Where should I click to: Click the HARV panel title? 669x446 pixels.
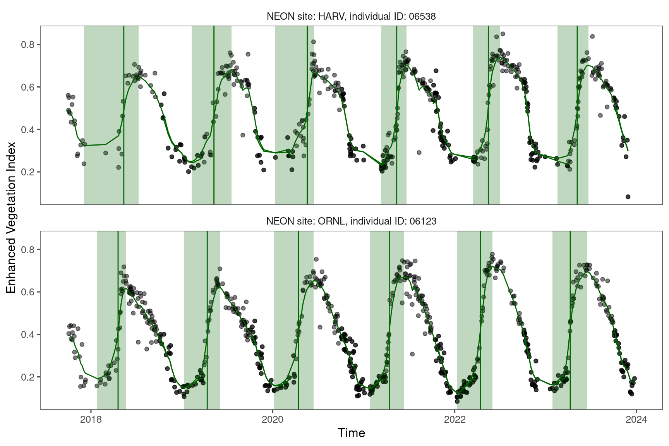(x=351, y=16)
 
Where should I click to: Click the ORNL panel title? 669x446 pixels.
(x=351, y=221)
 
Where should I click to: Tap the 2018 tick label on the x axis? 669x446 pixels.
(x=91, y=420)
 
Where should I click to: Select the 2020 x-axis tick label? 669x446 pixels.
(x=273, y=420)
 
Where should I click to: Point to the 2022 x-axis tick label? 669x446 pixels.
(x=455, y=420)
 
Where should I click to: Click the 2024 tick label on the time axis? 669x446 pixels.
(x=636, y=420)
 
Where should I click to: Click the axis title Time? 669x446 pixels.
(x=351, y=433)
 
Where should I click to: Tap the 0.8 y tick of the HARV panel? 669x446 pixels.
(x=28, y=45)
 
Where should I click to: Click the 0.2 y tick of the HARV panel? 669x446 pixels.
(x=28, y=172)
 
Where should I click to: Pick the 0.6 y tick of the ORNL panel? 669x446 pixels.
(x=28, y=292)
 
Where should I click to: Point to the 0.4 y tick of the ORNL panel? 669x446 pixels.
(x=28, y=334)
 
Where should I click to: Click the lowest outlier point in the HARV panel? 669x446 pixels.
(x=628, y=197)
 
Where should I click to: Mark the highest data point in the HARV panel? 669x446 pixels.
(x=503, y=34)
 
